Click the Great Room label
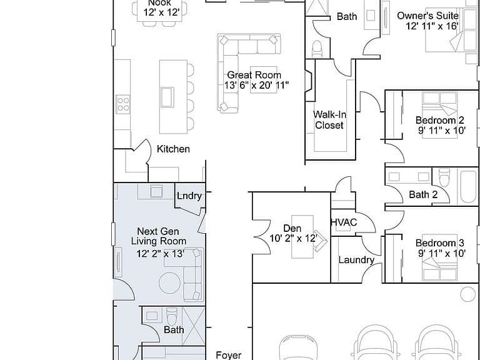254,75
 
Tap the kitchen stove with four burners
122,104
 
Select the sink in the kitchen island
167,97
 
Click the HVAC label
344,222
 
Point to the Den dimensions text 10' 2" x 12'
293,238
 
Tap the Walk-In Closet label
330,120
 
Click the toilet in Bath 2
444,177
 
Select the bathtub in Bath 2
468,186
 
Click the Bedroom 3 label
440,243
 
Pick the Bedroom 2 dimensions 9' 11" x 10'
442,131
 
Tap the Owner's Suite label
427,16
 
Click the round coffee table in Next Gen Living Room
170,283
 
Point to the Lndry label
189,196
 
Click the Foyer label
229,355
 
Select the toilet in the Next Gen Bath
172,316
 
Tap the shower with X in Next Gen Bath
194,326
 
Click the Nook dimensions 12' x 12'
161,13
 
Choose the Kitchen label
173,149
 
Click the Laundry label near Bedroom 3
356,260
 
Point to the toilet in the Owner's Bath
317,49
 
